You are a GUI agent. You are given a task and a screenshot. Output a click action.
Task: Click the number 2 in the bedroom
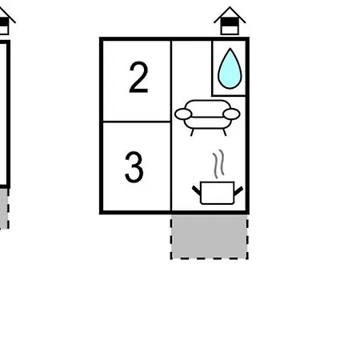(x=138, y=78)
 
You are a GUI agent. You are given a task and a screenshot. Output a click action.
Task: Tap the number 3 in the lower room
(x=134, y=167)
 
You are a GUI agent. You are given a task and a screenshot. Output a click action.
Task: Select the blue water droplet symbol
(x=230, y=69)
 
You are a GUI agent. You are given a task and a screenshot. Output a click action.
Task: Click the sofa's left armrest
(x=183, y=114)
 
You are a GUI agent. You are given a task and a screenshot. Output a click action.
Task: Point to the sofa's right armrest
(x=231, y=114)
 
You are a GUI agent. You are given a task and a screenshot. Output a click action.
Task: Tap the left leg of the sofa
(x=192, y=133)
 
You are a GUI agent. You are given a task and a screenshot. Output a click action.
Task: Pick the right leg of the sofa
(x=225, y=133)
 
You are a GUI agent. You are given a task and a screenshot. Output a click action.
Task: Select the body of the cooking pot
(x=217, y=193)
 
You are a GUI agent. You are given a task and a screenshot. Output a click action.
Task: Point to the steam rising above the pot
(x=218, y=164)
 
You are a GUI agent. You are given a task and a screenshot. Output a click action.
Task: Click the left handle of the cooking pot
(x=197, y=190)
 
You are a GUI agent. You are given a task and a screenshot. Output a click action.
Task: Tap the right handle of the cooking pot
(x=238, y=190)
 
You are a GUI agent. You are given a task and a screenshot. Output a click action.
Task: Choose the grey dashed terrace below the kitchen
(x=210, y=237)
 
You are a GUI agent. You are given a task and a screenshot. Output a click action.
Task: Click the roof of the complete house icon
(x=230, y=15)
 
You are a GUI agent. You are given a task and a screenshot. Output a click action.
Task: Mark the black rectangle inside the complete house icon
(x=230, y=22)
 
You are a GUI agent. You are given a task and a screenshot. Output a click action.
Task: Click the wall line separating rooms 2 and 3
(x=137, y=122)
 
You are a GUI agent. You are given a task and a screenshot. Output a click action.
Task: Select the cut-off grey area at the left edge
(x=4, y=209)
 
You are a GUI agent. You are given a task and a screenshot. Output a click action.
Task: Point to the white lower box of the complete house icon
(x=230, y=30)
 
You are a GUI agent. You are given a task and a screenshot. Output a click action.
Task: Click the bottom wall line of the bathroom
(x=229, y=95)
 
